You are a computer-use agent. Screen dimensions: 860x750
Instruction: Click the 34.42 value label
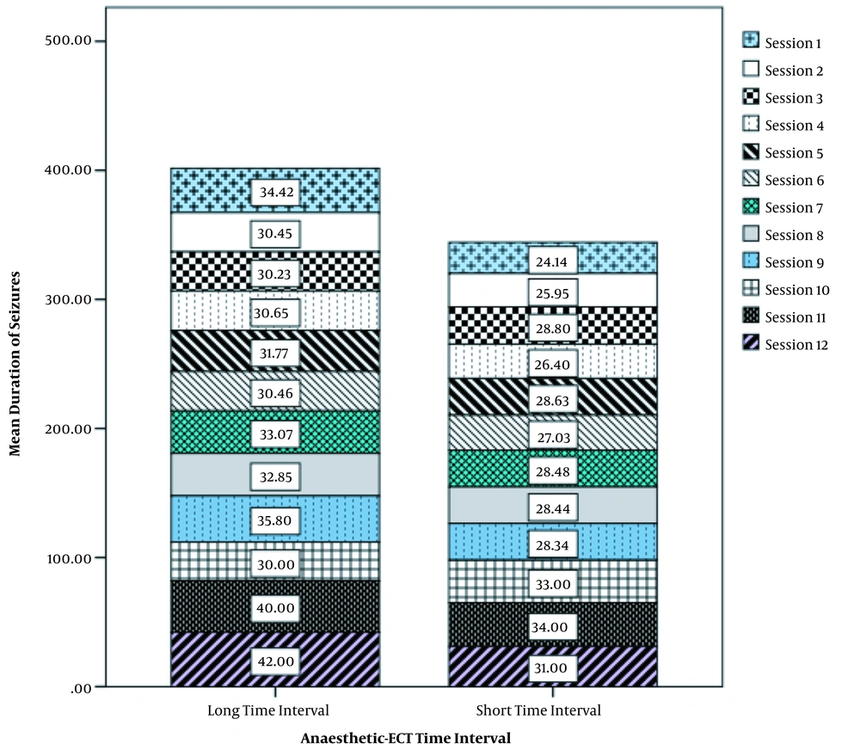(276, 192)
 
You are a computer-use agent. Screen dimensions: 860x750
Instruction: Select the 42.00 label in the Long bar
(276, 661)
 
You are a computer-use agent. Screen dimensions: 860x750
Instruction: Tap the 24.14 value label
(552, 261)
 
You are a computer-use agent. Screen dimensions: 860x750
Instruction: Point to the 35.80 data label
(275, 520)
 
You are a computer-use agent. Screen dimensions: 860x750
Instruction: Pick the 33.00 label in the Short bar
(553, 584)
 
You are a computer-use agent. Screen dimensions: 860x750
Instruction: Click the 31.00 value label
(551, 667)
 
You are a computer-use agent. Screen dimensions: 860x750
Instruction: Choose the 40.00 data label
(275, 608)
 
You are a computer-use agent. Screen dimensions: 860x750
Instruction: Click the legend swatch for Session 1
(751, 40)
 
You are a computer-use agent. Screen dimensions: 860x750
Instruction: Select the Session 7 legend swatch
(751, 206)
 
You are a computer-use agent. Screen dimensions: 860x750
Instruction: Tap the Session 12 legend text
(796, 345)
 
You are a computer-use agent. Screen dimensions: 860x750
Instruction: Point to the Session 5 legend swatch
(751, 151)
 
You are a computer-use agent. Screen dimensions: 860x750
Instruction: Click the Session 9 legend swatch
(751, 261)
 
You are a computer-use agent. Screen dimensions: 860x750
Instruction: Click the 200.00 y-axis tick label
(68, 429)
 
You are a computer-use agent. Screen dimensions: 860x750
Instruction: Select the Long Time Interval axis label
(268, 710)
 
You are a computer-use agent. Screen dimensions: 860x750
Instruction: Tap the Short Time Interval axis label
(538, 710)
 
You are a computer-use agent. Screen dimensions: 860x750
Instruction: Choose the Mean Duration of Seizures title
(15, 363)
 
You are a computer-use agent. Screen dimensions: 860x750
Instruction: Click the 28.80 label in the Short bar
(553, 329)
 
